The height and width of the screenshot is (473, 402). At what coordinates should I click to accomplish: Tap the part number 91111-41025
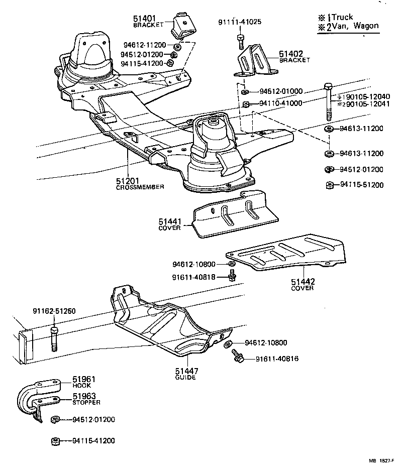tap(239, 23)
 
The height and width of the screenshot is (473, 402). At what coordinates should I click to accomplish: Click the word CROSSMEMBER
tap(141, 187)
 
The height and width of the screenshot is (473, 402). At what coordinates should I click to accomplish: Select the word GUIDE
tap(185, 378)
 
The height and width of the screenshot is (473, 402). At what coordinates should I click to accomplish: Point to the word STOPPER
tap(86, 402)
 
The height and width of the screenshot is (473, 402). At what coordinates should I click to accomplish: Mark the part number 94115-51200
tap(361, 184)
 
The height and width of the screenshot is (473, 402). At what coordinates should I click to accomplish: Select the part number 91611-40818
tap(193, 276)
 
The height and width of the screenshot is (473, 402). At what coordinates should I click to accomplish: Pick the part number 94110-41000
tap(281, 103)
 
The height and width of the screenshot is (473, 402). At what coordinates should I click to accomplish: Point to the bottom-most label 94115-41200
tap(93, 441)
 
